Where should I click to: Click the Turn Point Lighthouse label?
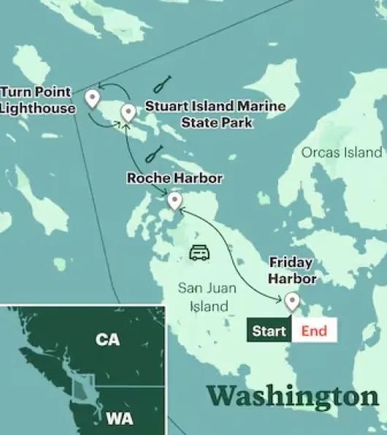[x=37, y=100]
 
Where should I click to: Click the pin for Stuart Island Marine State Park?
[x=129, y=112]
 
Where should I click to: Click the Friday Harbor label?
[x=292, y=271]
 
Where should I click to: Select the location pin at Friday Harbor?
[x=292, y=300]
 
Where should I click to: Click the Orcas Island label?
[x=341, y=152]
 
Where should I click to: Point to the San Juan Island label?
[x=207, y=296]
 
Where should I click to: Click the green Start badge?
[x=269, y=331]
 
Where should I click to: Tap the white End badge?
[x=314, y=331]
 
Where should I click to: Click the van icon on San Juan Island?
[x=200, y=253]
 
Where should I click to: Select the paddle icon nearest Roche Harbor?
[x=154, y=154]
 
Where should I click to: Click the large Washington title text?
[x=293, y=396]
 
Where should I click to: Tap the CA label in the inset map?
[x=107, y=339]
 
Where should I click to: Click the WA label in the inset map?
[x=119, y=419]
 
